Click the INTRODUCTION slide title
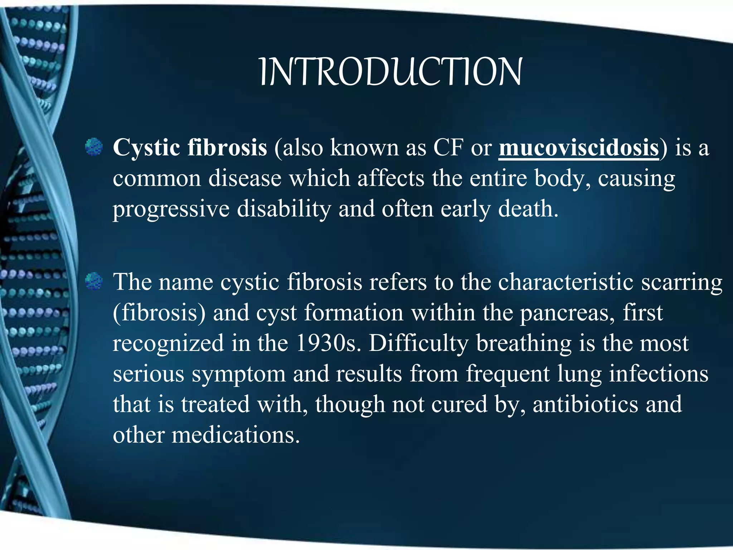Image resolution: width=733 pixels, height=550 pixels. pos(390,72)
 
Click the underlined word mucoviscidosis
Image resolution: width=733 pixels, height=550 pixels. pos(578,148)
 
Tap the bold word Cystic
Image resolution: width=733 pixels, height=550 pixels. pos(146,148)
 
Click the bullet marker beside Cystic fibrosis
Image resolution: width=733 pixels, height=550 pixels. pos(94,147)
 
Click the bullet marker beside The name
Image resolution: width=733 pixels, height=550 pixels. pos(94,281)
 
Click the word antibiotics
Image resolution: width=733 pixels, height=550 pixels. pos(585,404)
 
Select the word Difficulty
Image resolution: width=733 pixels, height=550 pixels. pos(418,343)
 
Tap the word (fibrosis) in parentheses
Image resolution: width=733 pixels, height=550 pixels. pos(159,313)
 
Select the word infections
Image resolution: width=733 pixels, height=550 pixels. pos(659,374)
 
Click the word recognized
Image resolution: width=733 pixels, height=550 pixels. pos(168,343)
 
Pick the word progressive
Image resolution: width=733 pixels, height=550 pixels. pos(171,209)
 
